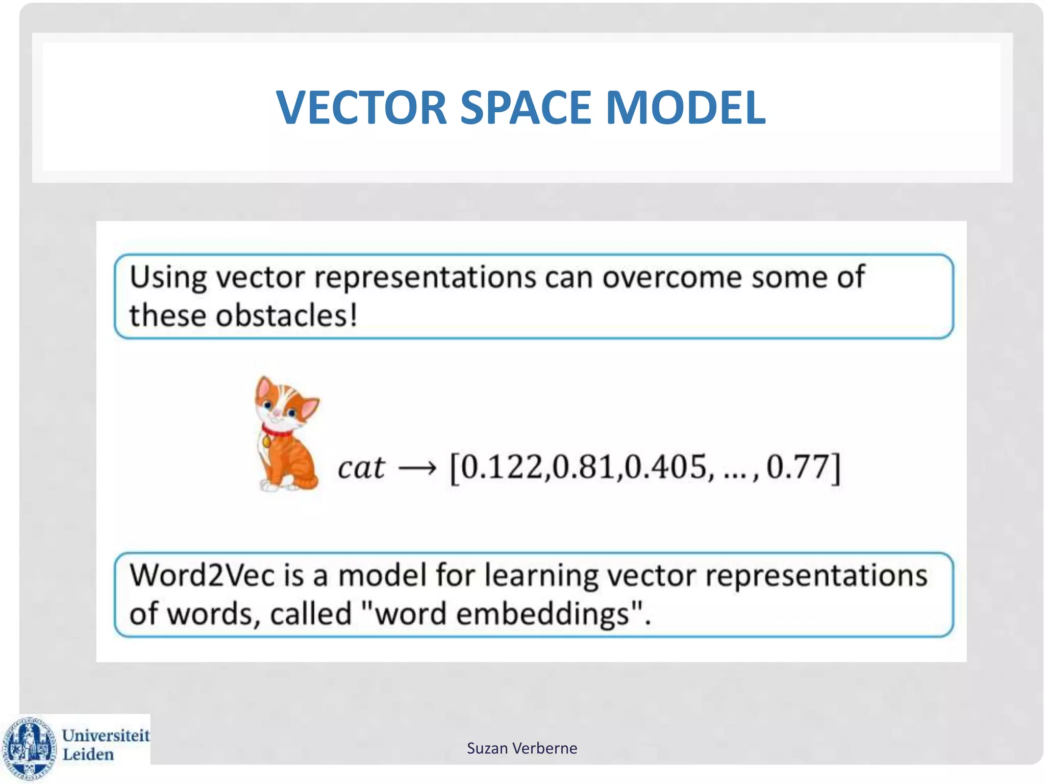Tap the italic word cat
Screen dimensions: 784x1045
coord(361,467)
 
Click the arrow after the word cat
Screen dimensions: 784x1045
coord(417,468)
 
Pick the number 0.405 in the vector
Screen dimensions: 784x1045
coord(666,467)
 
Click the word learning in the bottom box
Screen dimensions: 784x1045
coord(541,576)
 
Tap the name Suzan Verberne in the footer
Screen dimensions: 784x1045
coord(522,748)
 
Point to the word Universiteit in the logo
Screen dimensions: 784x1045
coord(106,736)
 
